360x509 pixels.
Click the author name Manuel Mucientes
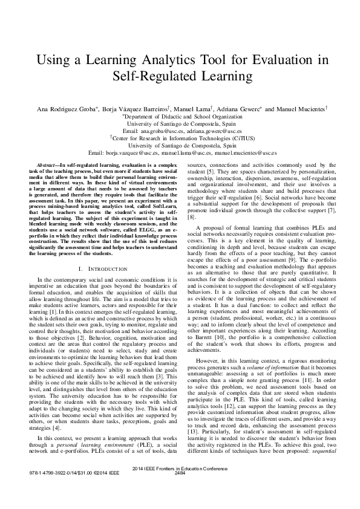tap(301, 109)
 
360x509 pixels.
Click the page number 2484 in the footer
tap(180, 490)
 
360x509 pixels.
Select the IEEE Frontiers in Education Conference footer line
tap(180, 485)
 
